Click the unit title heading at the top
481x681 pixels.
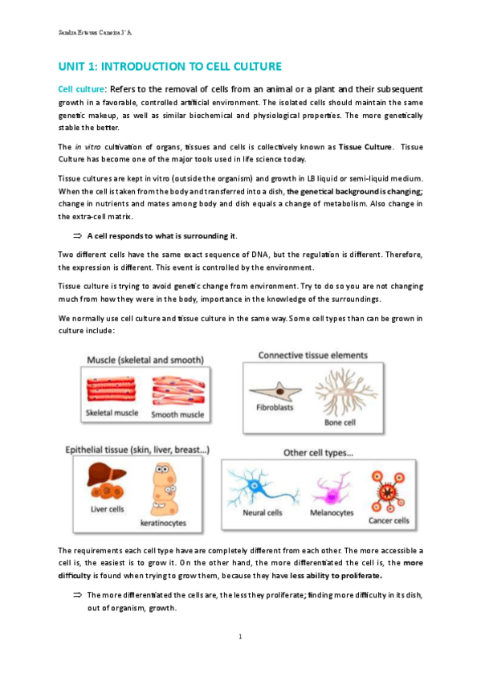pos(169,67)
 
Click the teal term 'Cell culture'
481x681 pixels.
pos(81,89)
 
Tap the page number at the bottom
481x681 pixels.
pos(241,637)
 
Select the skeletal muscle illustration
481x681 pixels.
pos(111,389)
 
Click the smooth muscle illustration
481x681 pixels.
pos(178,390)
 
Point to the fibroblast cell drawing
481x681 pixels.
pos(275,392)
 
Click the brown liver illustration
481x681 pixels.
pos(106,479)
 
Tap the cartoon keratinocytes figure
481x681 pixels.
pos(165,489)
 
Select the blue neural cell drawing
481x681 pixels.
pos(262,487)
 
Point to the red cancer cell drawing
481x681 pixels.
pos(388,491)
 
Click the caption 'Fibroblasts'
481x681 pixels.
pos(275,407)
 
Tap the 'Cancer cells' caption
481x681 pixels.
pos(389,520)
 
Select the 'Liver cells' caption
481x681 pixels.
pos(108,509)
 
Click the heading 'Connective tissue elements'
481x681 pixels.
pos(313,355)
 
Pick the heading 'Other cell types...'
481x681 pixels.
pos(318,453)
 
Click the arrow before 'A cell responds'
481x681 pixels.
pos(78,236)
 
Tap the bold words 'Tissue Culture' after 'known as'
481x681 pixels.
pos(365,147)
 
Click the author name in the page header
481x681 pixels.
pos(95,33)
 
